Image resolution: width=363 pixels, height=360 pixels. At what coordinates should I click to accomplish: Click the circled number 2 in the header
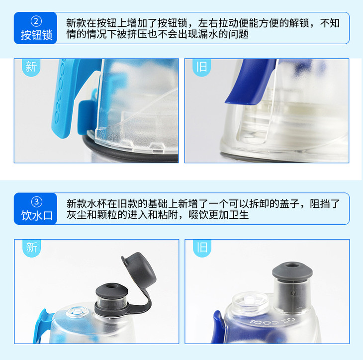click(x=36, y=21)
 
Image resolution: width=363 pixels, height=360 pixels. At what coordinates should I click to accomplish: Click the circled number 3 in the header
click(x=37, y=202)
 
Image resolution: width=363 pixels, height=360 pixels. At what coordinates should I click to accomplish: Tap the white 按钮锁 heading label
click(x=36, y=35)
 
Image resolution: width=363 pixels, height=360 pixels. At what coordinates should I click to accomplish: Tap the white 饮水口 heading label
click(x=37, y=215)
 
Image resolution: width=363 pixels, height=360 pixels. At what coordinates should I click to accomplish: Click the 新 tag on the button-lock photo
click(x=31, y=67)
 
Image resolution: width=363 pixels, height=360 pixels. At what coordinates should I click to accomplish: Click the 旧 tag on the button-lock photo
click(x=201, y=67)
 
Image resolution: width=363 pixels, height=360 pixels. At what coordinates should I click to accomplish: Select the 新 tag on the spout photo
click(x=31, y=248)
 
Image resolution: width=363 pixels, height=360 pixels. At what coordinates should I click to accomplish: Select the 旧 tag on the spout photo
click(x=202, y=248)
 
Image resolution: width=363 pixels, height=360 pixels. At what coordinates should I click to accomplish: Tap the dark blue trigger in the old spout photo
click(x=218, y=326)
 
